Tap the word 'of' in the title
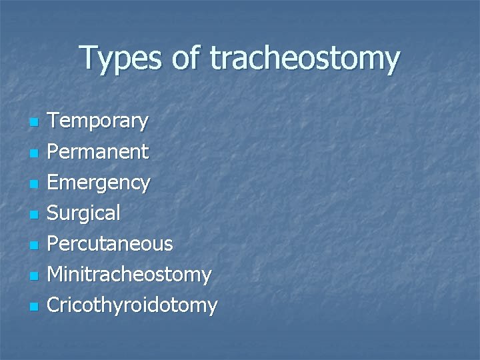pyautogui.click(x=190, y=58)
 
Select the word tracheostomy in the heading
pyautogui.click(x=306, y=59)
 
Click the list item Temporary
pyautogui.click(x=99, y=122)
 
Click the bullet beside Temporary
pyautogui.click(x=34, y=123)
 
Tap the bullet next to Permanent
pyautogui.click(x=34, y=154)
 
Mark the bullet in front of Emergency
pyautogui.click(x=34, y=185)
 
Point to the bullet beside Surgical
pyautogui.click(x=34, y=215)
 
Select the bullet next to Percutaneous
pyautogui.click(x=34, y=246)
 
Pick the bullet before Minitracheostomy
pyautogui.click(x=34, y=277)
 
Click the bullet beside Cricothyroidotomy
pyautogui.click(x=34, y=307)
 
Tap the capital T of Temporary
pyautogui.click(x=56, y=121)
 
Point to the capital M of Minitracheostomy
pyautogui.click(x=58, y=274)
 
